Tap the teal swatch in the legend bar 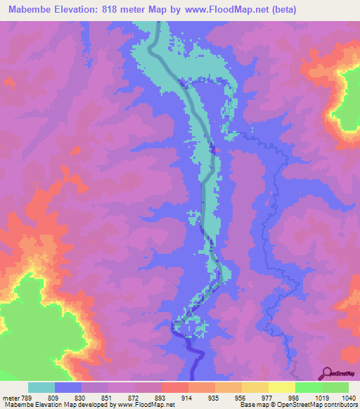[x=41, y=387]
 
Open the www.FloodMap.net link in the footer [x=146, y=404]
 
